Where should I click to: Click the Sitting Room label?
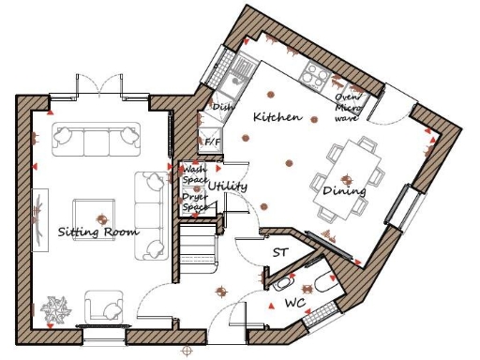pyautogui.click(x=97, y=232)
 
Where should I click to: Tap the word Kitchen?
pyautogui.click(x=277, y=117)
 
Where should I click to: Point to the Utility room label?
pyautogui.click(x=229, y=187)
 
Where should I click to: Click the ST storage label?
pyautogui.click(x=279, y=252)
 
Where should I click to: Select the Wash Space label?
pyautogui.click(x=193, y=173)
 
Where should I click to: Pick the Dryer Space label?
pyautogui.click(x=193, y=201)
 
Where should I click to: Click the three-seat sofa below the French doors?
pyautogui.click(x=97, y=140)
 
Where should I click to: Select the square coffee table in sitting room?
pyautogui.click(x=95, y=212)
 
